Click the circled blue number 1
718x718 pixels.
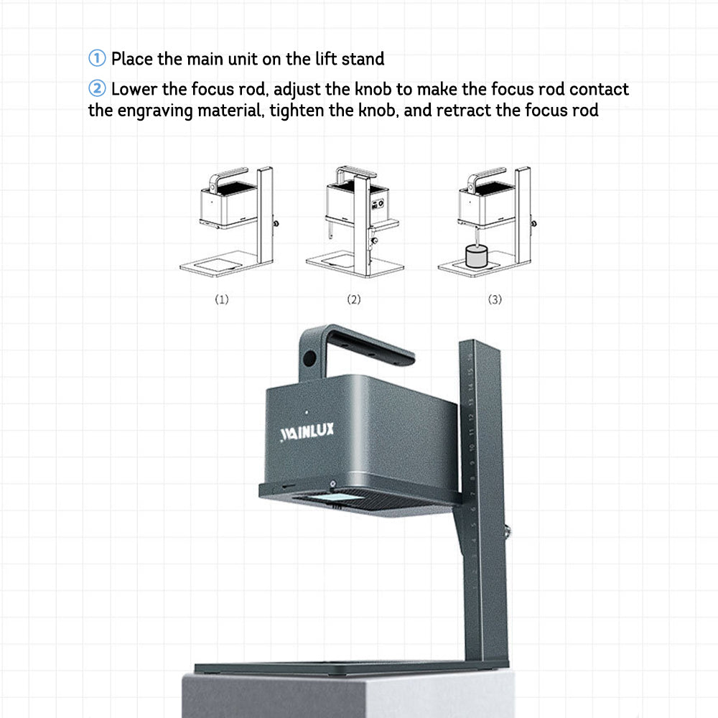(97, 58)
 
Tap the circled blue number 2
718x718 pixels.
(97, 88)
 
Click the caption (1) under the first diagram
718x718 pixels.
(222, 299)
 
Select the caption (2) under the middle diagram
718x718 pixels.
(353, 299)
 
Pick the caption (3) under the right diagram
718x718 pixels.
(495, 299)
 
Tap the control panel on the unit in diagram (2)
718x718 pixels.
(378, 204)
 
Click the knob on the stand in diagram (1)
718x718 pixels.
(276, 223)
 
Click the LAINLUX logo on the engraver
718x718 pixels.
(307, 432)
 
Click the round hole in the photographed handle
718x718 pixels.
(309, 358)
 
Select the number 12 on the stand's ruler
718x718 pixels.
(471, 418)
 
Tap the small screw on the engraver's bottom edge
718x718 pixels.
(333, 483)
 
